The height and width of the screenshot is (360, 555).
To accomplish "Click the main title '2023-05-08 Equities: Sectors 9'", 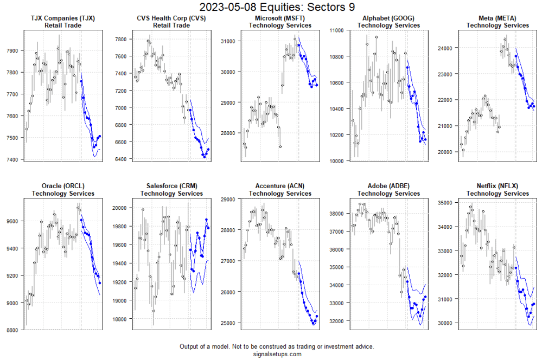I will point(277,7).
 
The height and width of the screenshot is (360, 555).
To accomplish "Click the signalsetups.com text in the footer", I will point(277,354).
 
